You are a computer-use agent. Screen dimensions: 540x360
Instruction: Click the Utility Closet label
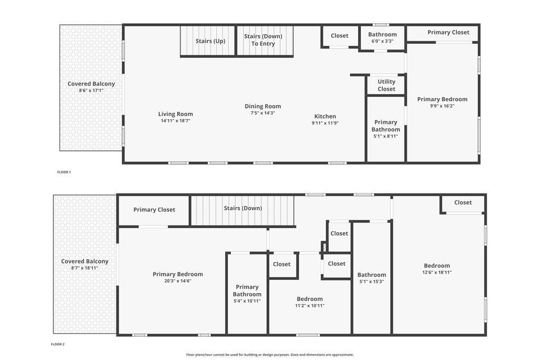(387, 85)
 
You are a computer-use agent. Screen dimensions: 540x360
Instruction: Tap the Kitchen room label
(325, 116)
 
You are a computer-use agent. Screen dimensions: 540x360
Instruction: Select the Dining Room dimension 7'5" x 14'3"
(263, 113)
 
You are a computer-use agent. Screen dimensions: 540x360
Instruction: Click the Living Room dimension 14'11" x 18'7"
(176, 121)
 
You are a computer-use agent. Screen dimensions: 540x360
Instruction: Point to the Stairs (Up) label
(210, 41)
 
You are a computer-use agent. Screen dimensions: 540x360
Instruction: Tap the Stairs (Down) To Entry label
(263, 40)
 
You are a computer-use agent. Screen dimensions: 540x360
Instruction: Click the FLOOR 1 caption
(64, 172)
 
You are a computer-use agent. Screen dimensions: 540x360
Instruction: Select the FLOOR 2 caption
(57, 344)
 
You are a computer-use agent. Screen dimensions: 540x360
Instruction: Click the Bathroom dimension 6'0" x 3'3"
(382, 41)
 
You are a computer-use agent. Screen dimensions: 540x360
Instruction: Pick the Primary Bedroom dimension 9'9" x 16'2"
(442, 106)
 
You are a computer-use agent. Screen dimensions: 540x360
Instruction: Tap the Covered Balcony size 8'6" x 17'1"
(91, 91)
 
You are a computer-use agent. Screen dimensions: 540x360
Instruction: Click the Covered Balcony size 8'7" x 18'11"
(85, 268)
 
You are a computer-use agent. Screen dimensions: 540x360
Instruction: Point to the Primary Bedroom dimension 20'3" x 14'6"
(178, 281)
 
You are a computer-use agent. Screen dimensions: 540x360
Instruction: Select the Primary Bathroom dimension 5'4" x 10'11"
(247, 301)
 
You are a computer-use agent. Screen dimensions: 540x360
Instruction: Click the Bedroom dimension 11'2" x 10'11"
(310, 306)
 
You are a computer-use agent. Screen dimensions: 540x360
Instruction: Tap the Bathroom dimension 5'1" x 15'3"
(372, 281)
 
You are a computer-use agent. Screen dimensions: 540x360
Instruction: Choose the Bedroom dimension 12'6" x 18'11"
(437, 272)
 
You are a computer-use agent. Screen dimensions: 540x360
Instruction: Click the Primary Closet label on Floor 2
(155, 210)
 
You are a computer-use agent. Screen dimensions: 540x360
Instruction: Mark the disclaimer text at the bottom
(270, 355)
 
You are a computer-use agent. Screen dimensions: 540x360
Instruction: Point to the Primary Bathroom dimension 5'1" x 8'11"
(385, 137)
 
